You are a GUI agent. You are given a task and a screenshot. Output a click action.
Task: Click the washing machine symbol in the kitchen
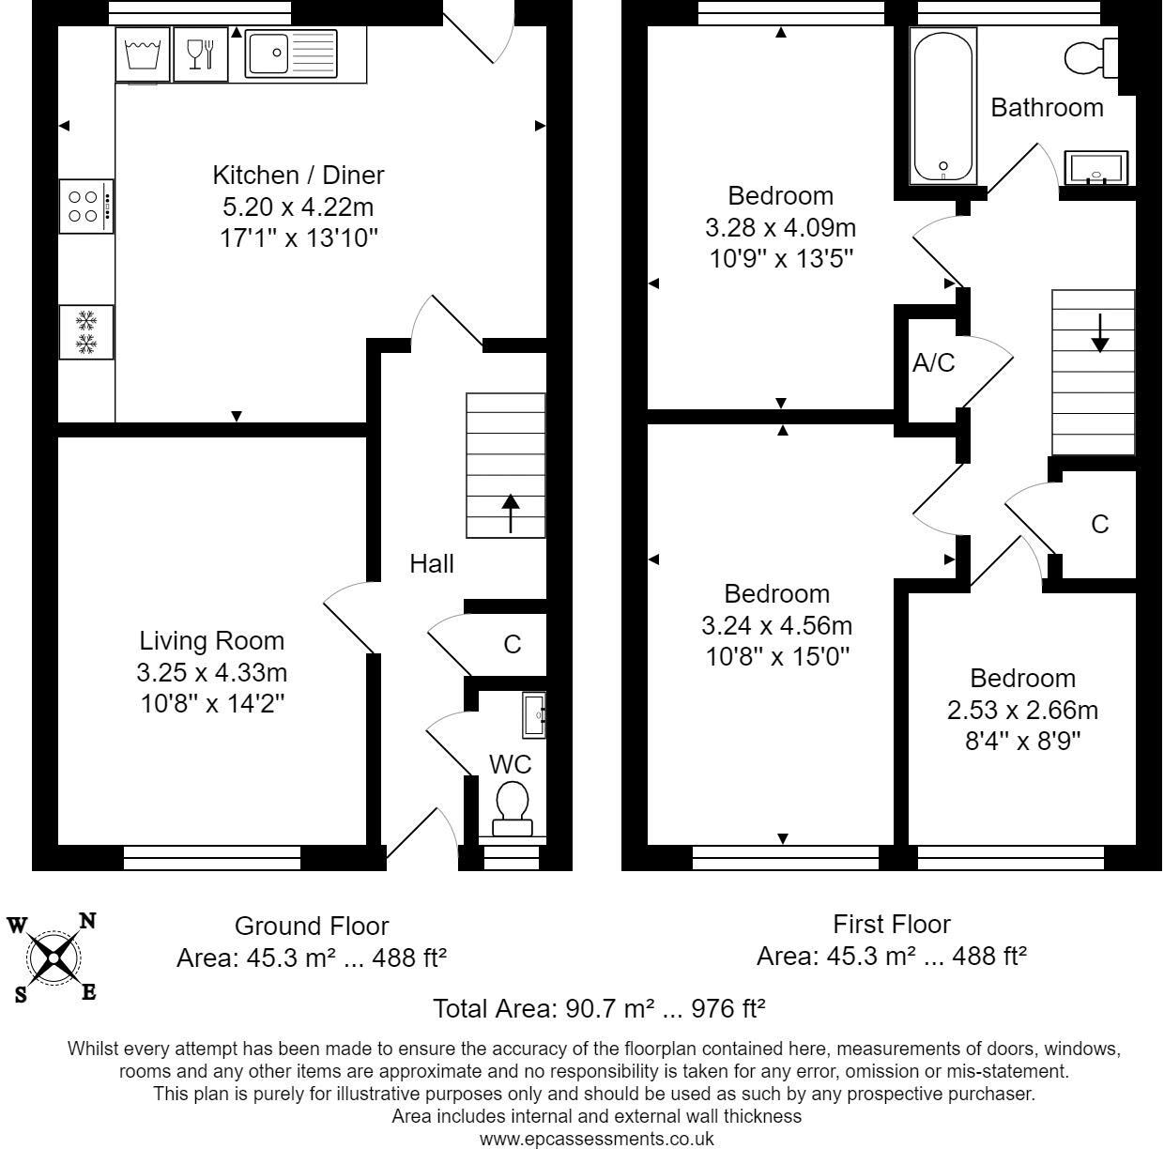pos(143,54)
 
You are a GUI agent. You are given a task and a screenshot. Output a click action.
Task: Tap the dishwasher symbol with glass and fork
pos(201,54)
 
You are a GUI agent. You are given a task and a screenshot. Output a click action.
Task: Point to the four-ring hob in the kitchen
pos(85,207)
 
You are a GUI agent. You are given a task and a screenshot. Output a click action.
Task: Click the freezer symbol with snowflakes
pos(86,331)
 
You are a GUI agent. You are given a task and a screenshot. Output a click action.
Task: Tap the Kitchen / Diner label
pos(298,176)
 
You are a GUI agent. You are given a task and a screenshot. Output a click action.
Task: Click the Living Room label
pos(211,641)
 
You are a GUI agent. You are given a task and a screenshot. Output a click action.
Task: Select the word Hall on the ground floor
pos(431,563)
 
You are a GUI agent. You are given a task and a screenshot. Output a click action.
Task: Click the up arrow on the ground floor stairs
pos(511,513)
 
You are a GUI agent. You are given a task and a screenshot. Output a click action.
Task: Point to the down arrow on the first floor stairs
pos(1099,333)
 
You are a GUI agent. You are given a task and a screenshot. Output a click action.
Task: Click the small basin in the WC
pos(534,714)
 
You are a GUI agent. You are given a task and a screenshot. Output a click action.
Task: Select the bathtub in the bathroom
pos(942,105)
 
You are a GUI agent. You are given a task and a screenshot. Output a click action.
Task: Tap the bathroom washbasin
pos(1095,168)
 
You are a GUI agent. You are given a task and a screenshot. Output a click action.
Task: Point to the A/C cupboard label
pos(933,363)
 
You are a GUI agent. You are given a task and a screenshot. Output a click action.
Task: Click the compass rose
pos(54,957)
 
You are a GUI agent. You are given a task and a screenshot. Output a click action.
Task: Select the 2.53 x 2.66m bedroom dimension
pos(1022,710)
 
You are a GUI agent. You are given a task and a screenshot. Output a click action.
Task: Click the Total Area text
pos(599,1009)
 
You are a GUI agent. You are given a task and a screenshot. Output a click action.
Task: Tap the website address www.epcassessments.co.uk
pos(596,1139)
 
